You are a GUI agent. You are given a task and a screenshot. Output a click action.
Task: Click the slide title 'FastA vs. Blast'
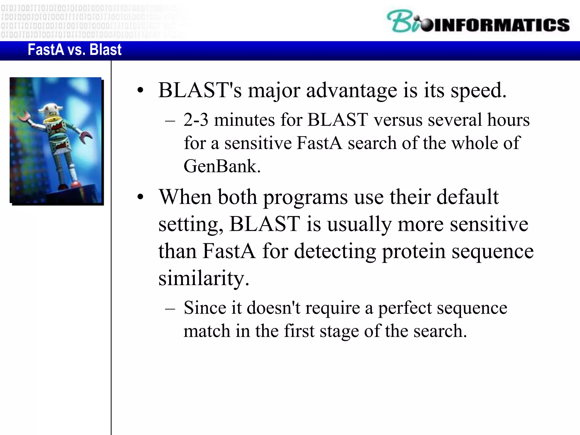(74, 50)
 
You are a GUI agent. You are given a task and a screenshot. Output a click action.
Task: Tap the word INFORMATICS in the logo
(501, 25)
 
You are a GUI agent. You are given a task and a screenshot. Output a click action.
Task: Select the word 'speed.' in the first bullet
(478, 91)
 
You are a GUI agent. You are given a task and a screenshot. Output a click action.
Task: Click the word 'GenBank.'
(222, 166)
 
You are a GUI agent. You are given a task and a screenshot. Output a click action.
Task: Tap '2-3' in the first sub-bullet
(196, 120)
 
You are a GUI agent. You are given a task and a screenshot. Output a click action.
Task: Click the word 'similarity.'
(204, 278)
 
